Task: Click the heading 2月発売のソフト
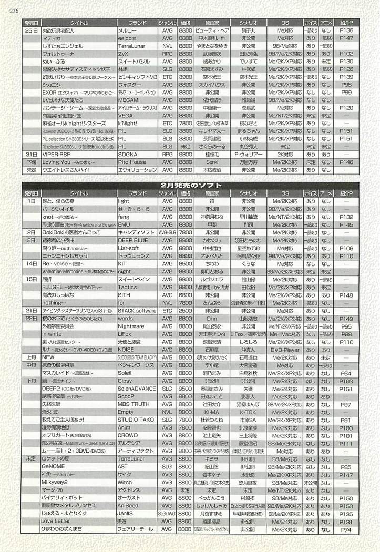pyautogui.click(x=190, y=185)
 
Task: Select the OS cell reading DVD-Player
pyautogui.click(x=285, y=350)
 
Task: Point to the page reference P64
pyautogui.click(x=346, y=373)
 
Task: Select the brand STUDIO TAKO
pyautogui.click(x=136, y=421)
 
